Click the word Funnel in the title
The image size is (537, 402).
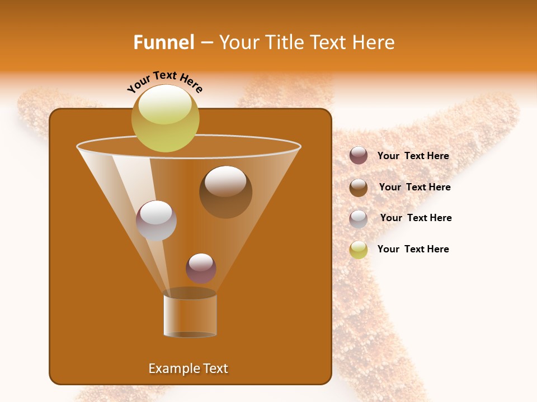[x=163, y=42]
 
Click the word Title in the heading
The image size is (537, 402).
[x=284, y=42]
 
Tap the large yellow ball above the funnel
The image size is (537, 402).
[x=165, y=118]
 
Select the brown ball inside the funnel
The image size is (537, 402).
[x=225, y=192]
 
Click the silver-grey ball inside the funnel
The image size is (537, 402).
[x=156, y=221]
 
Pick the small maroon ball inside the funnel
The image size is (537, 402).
[x=201, y=268]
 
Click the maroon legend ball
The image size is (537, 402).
[x=359, y=155]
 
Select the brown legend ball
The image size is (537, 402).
[x=359, y=187]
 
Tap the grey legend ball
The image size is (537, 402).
[x=359, y=218]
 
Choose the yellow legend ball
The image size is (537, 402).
[x=359, y=250]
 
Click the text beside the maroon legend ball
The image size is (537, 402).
[x=413, y=156]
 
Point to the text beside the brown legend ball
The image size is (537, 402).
[x=414, y=187]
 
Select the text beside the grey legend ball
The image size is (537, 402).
[x=416, y=218]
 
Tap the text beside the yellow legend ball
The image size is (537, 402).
[x=413, y=249]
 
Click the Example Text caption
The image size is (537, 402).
[x=188, y=368]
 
